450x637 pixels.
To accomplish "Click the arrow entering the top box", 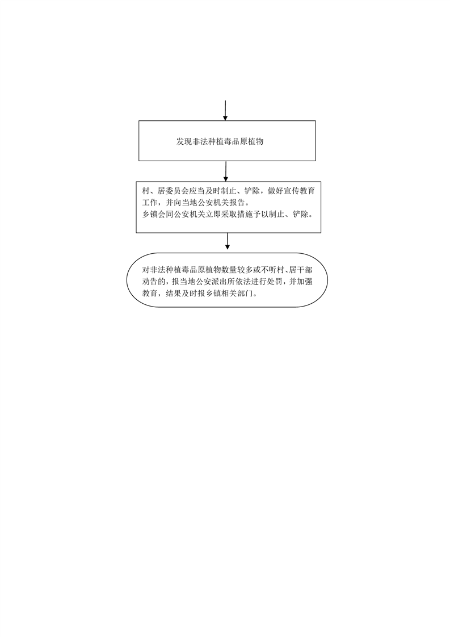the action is [225, 111].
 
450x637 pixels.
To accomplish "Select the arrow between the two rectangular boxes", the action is [226, 171].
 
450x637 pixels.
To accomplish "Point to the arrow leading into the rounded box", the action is [228, 241].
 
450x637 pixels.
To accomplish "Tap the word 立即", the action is [218, 214].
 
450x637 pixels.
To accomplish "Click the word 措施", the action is [252, 214].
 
